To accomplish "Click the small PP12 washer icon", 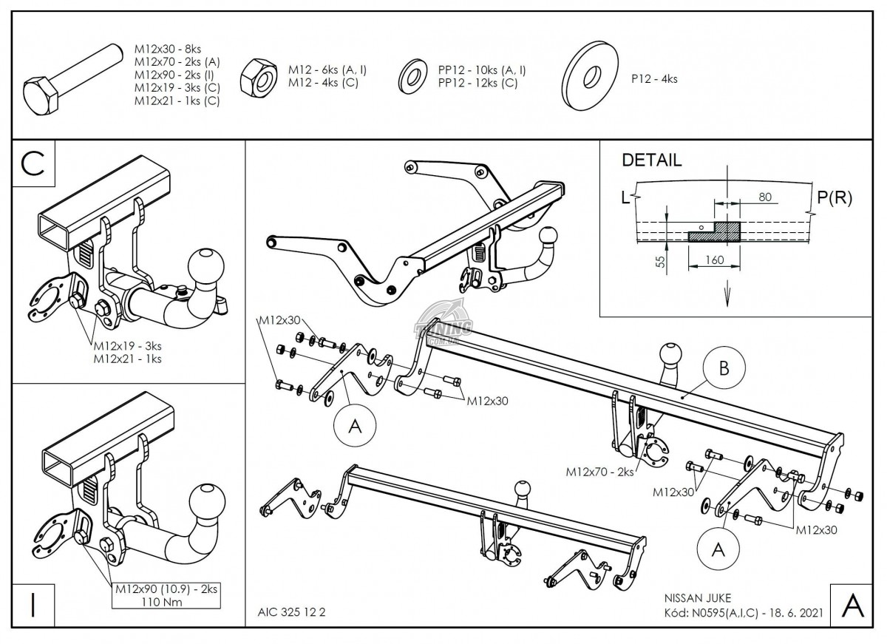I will (412, 75).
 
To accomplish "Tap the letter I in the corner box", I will (32, 605).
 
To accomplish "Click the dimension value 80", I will (764, 197).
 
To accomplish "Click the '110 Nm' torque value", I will (166, 603).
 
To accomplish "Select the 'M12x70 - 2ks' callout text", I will (599, 471).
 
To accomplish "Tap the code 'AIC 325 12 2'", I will (293, 612).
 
